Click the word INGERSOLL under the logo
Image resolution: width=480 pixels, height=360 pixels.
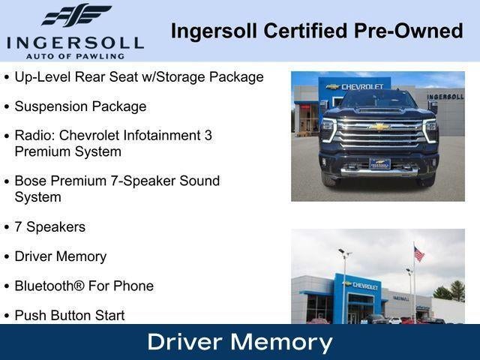74,42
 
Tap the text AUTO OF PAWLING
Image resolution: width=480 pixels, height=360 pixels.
74,55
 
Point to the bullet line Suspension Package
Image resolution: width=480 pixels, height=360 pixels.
80,106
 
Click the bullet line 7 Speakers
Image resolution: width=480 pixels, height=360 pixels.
49,226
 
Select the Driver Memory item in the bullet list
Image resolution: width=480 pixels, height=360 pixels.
60,256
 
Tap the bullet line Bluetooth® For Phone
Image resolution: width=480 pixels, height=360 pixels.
84,286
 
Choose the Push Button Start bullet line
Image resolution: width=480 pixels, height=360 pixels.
69,315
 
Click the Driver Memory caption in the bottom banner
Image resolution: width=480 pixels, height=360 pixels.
240,342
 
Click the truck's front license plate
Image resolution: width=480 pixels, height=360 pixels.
379,163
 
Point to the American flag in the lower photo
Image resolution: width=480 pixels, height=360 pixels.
418,254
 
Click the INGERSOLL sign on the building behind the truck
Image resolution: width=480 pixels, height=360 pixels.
445,97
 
